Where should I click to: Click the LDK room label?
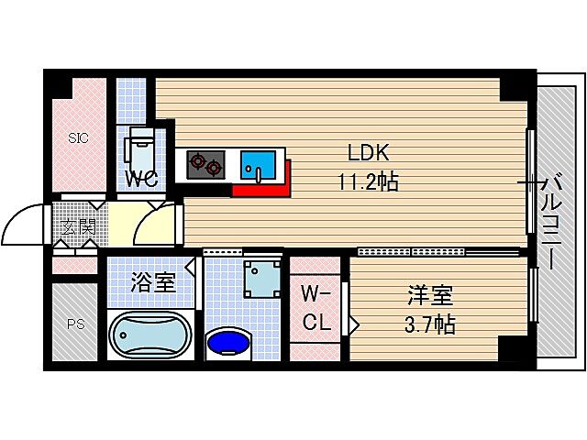pyautogui.click(x=369, y=153)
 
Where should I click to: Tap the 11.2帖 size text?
pyautogui.click(x=369, y=181)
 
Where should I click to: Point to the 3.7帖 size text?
pyautogui.click(x=430, y=324)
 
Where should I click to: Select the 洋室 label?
pyautogui.click(x=430, y=295)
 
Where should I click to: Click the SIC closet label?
pyautogui.click(x=78, y=138)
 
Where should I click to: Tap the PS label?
pyautogui.click(x=76, y=324)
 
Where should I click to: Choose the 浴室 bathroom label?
pyautogui.click(x=153, y=282)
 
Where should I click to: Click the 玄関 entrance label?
pyautogui.click(x=79, y=226)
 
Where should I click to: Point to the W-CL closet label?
pyautogui.click(x=316, y=308)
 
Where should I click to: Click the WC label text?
pyautogui.click(x=140, y=179)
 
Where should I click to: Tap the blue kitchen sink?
pyautogui.click(x=258, y=165)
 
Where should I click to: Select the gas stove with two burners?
pyautogui.click(x=205, y=165)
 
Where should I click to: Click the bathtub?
pyautogui.click(x=150, y=335)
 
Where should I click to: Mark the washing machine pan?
pyautogui.click(x=262, y=279)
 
